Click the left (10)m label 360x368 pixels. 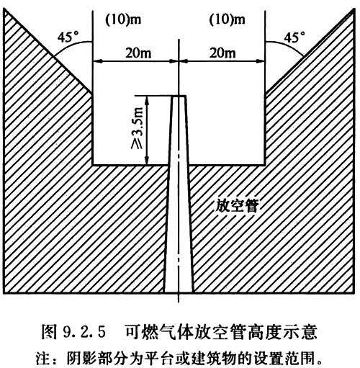point(123,19)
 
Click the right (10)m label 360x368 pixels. point(228,19)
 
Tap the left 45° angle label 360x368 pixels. point(68,37)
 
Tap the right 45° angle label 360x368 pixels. point(294,37)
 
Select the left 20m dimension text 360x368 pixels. point(138,53)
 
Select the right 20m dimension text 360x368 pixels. point(222,53)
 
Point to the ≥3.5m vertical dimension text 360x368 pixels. point(138,127)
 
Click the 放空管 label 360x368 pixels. point(237,205)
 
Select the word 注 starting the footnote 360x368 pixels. point(43,357)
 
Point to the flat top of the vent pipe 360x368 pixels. point(179,97)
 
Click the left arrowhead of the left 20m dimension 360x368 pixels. point(96,61)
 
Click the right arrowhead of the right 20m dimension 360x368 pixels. point(261,61)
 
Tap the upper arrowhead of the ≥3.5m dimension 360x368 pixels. point(147,99)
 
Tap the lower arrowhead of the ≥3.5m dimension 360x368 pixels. point(147,161)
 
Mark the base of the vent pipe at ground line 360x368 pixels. point(179,292)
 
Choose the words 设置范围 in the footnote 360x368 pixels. point(284,357)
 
